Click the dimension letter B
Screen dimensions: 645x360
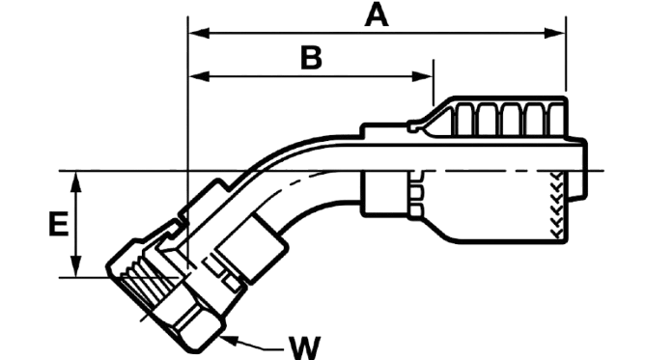311,58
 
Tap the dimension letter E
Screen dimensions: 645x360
58,224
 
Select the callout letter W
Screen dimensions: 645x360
304,348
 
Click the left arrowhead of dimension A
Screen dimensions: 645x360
199,33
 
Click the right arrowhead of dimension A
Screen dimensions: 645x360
555,33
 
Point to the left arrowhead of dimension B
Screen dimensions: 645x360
199,76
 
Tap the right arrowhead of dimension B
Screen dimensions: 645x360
423,76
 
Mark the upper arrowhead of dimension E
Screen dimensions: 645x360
75,181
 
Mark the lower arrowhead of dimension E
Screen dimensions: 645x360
75,266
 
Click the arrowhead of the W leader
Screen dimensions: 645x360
230,340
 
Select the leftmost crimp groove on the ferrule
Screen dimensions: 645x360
464,120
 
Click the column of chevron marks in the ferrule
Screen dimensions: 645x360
557,205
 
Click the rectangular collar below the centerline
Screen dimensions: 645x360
384,193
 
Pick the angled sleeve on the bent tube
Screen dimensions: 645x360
251,247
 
